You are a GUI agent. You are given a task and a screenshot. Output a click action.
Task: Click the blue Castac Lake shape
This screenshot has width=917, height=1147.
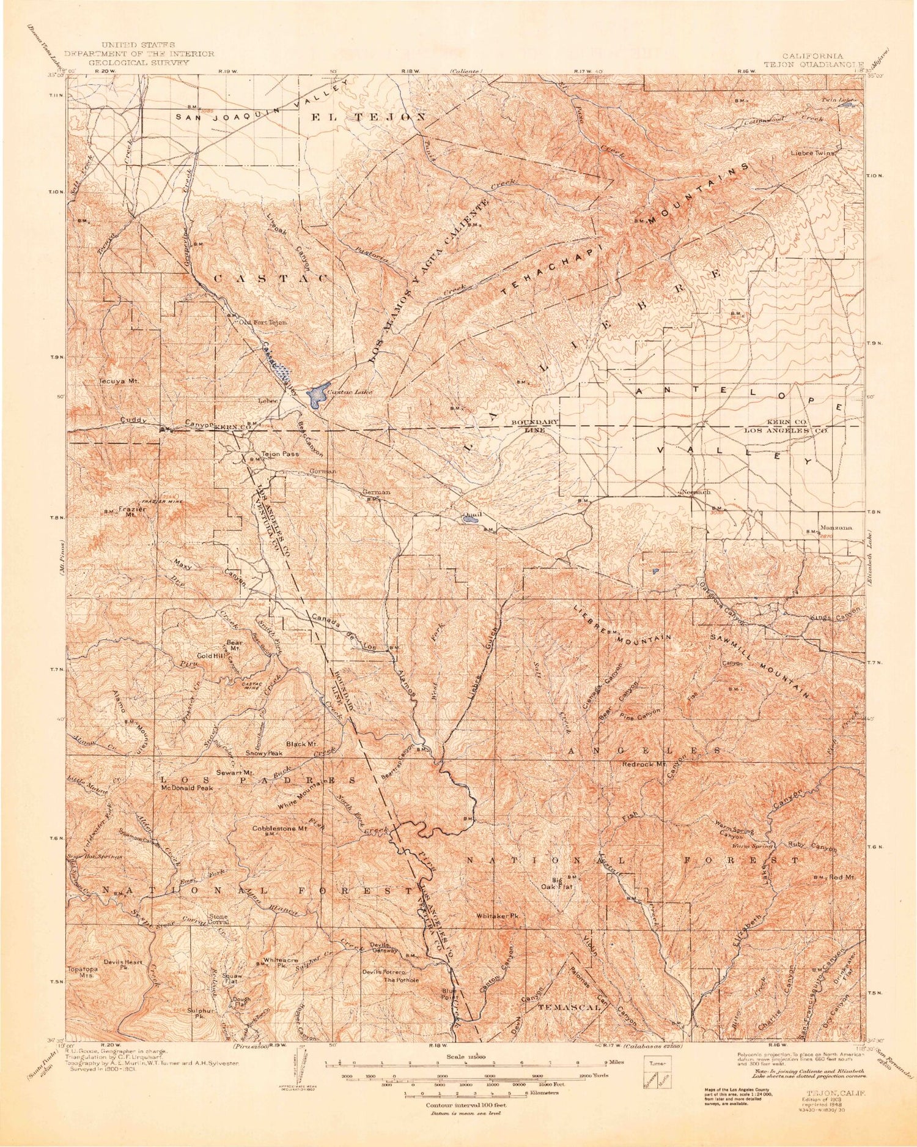tap(316, 396)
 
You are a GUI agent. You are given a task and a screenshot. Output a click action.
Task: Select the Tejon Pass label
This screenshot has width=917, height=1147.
tap(280, 454)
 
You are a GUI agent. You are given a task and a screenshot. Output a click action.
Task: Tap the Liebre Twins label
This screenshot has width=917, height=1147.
tap(812, 154)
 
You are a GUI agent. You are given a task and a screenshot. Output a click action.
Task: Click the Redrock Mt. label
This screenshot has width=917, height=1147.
tap(643, 764)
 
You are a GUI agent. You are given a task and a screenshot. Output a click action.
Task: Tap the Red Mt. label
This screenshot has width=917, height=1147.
tap(841, 877)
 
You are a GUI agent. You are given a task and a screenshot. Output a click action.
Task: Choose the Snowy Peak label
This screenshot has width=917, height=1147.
tap(264, 753)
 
